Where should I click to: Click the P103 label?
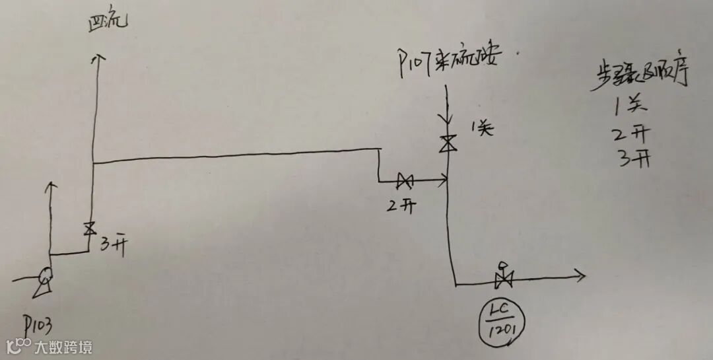coord(38,324)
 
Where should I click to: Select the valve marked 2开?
coord(404,180)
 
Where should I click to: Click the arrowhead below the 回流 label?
coord(100,59)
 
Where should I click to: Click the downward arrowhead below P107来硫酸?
coord(448,118)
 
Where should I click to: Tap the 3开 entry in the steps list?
coord(633,159)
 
